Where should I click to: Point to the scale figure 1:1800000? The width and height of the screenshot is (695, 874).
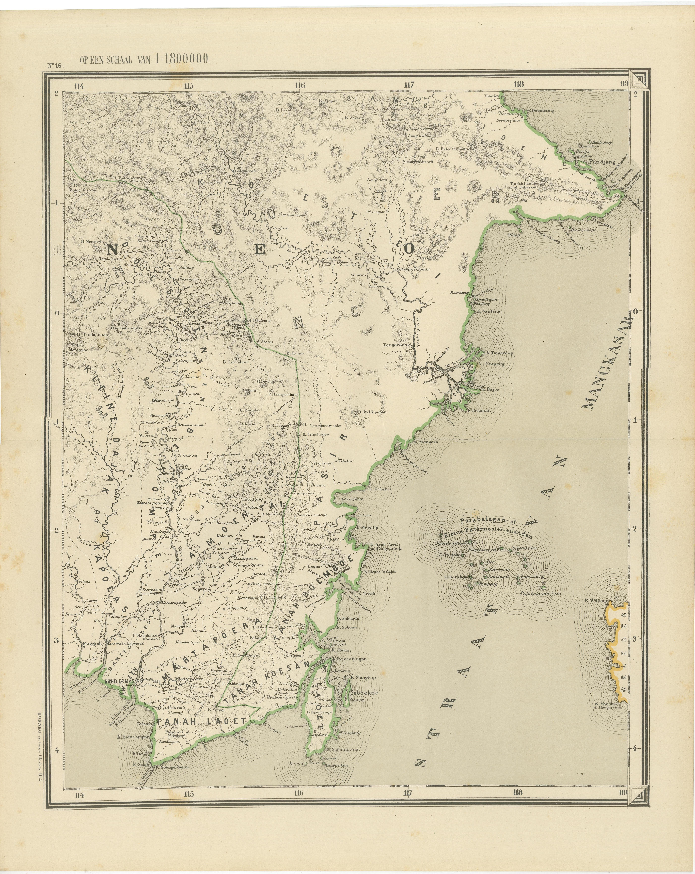pos(181,60)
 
